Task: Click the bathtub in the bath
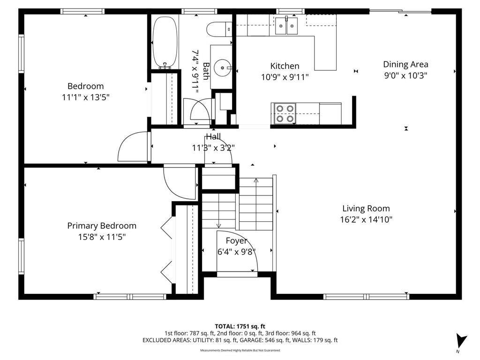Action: tap(165, 43)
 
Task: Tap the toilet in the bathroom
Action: tap(219, 29)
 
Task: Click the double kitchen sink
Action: tap(287, 25)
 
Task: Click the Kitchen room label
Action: tap(285, 66)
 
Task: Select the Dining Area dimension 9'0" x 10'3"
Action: tap(405, 75)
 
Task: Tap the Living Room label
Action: tap(366, 209)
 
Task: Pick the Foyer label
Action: tap(237, 241)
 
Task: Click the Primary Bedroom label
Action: tap(102, 226)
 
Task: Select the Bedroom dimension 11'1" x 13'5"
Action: tap(86, 97)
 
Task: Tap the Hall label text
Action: tap(213, 137)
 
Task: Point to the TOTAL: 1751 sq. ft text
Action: tap(240, 326)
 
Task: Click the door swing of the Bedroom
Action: tap(133, 146)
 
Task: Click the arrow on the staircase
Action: tap(256, 181)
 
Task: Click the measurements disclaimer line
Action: tap(240, 351)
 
